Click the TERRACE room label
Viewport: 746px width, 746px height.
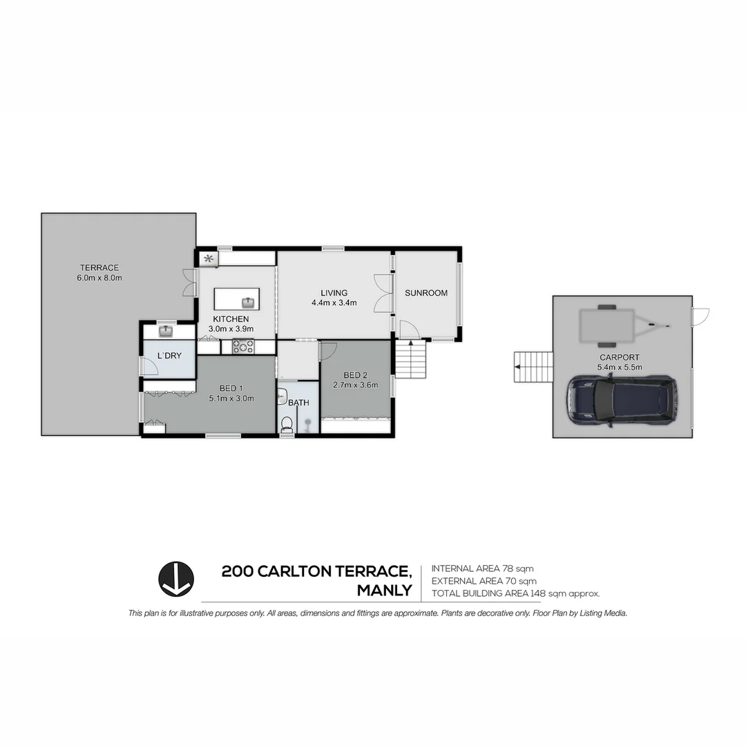click(x=99, y=268)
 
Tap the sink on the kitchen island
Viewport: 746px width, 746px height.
click(x=247, y=302)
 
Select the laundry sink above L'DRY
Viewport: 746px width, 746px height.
click(x=166, y=332)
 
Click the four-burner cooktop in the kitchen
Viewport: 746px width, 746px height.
click(x=243, y=347)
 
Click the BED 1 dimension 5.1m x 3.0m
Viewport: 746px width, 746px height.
click(x=231, y=398)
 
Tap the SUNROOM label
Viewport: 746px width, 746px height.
click(x=426, y=293)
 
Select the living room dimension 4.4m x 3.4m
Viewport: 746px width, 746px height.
click(x=334, y=303)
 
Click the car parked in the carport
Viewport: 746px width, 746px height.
click(x=620, y=401)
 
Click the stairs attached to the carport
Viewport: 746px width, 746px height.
click(x=533, y=367)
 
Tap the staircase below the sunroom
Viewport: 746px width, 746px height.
click(x=410, y=361)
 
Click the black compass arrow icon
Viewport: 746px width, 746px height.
click(x=176, y=579)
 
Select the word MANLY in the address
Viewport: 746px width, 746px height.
click(x=384, y=591)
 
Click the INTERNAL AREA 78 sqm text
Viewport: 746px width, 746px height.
click(x=482, y=568)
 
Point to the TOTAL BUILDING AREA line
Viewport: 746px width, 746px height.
click(x=515, y=593)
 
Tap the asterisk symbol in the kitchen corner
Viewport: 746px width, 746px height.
click(x=209, y=259)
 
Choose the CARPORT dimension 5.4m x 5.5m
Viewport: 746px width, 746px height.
click(x=620, y=367)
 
